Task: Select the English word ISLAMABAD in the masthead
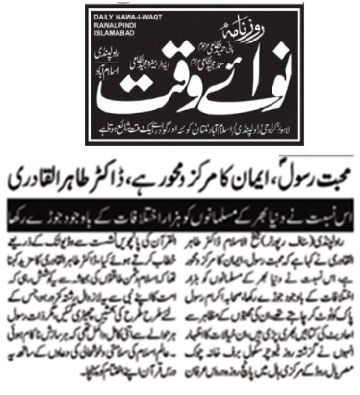tap(115, 34)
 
